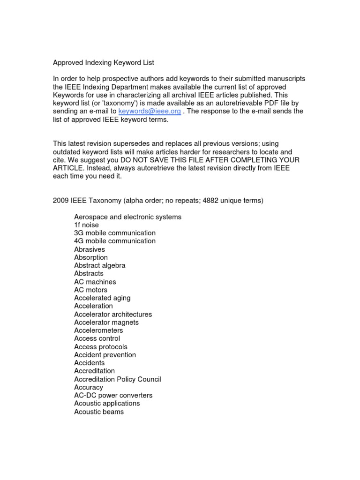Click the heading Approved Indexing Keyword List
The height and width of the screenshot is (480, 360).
pyautogui.click(x=103, y=62)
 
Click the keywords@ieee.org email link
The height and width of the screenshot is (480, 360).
pyautogui.click(x=150, y=111)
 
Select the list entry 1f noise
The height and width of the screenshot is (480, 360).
pyautogui.click(x=86, y=225)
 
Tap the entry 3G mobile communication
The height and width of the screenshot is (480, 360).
pyautogui.click(x=115, y=233)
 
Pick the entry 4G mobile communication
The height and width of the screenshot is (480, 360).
pyautogui.click(x=115, y=241)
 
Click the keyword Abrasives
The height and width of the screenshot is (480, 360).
pyautogui.click(x=90, y=249)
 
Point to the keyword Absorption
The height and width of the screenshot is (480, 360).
pyautogui.click(x=91, y=257)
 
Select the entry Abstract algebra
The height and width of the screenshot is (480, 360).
pyautogui.click(x=100, y=265)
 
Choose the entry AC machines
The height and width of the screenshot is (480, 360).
pyautogui.click(x=95, y=282)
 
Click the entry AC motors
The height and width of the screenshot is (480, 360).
pyautogui.click(x=91, y=290)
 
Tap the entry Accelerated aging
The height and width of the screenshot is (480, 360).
pyautogui.click(x=102, y=298)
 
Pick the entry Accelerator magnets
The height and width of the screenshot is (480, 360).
pyautogui.click(x=106, y=322)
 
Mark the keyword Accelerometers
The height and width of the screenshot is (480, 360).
pyautogui.click(x=98, y=330)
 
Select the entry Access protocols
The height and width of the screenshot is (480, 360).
pyautogui.click(x=101, y=347)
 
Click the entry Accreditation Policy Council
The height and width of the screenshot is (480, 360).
pyautogui.click(x=118, y=379)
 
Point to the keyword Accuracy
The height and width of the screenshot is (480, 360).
pyautogui.click(x=89, y=387)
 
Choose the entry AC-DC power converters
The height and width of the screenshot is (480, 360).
pyautogui.click(x=113, y=395)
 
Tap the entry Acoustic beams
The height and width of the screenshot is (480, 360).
pyautogui.click(x=99, y=412)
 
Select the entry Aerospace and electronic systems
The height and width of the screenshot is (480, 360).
pyautogui.click(x=127, y=217)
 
